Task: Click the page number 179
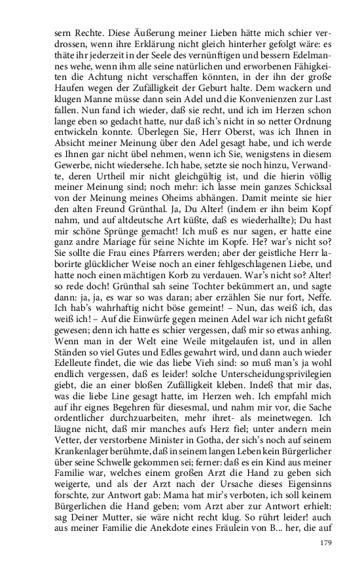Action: pos(327,543)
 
